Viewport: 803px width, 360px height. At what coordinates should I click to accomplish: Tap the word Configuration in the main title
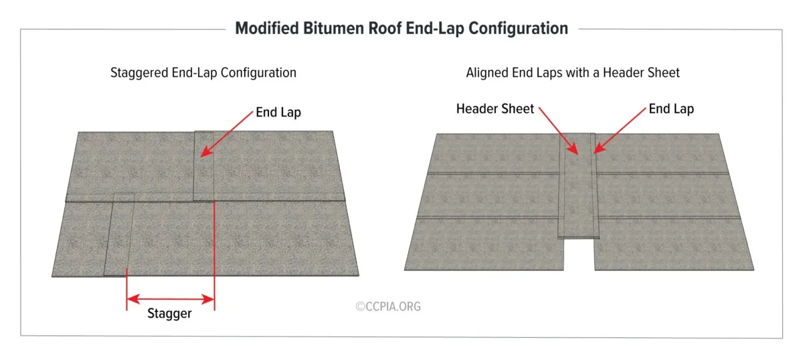509,29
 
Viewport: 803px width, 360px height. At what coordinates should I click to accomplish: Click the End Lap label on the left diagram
278,112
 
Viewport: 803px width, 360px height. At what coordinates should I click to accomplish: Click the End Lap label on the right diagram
671,109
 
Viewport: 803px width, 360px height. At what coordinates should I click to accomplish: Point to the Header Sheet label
495,109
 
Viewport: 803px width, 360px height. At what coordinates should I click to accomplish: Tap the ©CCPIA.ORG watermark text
389,306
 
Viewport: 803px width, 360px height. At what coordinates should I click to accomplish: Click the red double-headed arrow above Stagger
171,298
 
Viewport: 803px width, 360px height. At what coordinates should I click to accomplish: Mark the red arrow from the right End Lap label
620,134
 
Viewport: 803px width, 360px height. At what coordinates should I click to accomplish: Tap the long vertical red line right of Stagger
214,254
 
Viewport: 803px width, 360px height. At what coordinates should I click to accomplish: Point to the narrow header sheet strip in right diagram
577,194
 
